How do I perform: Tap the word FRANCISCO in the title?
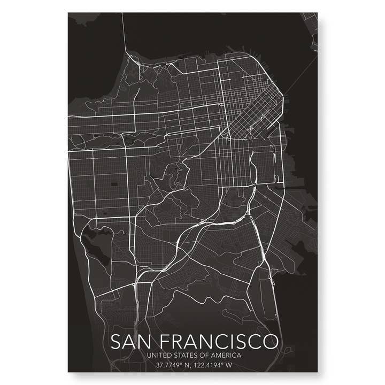[218, 341]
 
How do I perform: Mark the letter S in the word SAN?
[115, 341]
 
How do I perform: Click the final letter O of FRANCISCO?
[271, 341]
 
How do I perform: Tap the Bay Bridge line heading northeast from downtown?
[299, 75]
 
